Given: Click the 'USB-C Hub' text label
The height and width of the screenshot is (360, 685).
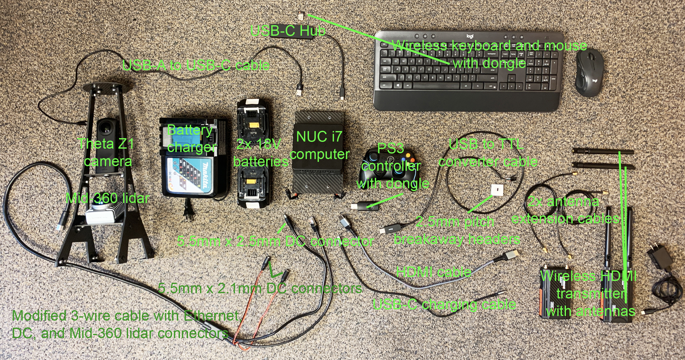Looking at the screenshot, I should [x=288, y=31].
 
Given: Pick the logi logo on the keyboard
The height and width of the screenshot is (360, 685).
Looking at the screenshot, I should [x=470, y=36].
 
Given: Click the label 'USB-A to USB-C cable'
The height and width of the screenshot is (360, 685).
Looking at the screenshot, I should [x=196, y=66].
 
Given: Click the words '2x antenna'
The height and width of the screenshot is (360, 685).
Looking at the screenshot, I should [x=563, y=202].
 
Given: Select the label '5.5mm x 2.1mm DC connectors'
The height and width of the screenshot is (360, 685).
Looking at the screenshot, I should [x=260, y=289].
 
